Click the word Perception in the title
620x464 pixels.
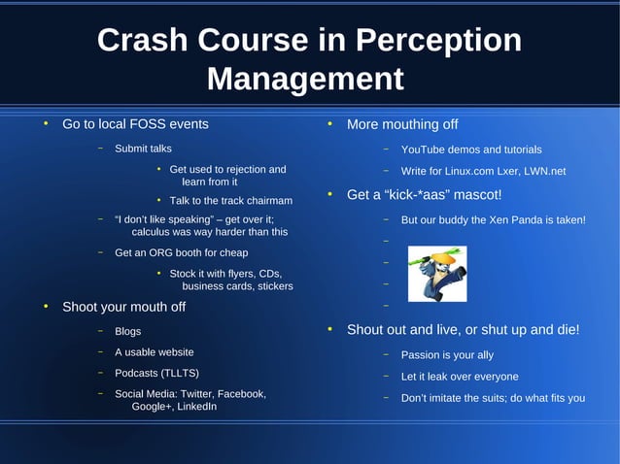pos(439,41)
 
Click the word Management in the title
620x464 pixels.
pos(305,79)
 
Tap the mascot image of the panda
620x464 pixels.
pos(435,274)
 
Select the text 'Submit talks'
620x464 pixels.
pos(143,149)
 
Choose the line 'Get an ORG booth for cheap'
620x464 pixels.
pos(181,252)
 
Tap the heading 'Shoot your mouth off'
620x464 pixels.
pos(123,307)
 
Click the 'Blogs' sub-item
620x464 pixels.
pos(127,331)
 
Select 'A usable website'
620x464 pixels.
pos(154,352)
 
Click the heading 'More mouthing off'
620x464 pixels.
pos(401,124)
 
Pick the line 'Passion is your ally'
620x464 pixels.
pos(447,355)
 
